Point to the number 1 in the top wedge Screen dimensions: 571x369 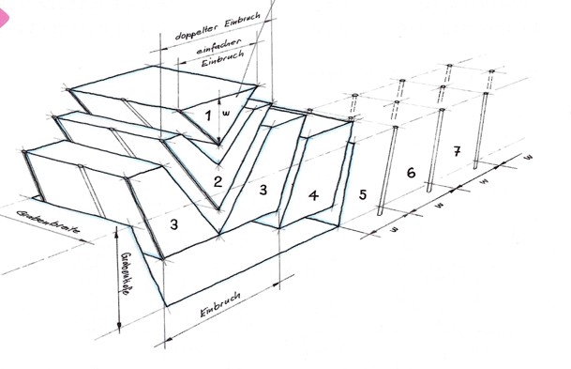coord(208,114)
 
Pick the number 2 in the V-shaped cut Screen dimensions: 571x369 coord(217,180)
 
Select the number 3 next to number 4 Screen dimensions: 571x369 coord(263,191)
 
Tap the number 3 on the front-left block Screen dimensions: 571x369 coord(173,224)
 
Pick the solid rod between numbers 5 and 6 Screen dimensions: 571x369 coord(386,174)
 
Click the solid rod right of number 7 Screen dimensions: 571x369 coord(481,127)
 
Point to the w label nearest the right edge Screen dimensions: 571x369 coord(528,155)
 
